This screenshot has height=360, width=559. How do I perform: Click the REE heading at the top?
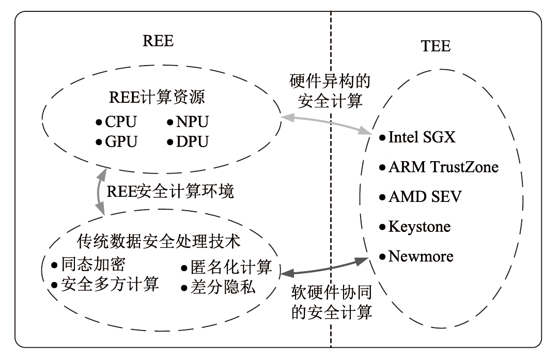coord(158,41)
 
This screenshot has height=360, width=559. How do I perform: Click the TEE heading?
coord(436,46)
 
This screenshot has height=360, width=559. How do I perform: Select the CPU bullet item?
coord(120,122)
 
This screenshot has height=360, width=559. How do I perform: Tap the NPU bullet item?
coord(192,122)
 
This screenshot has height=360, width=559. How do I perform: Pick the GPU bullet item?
coord(120,141)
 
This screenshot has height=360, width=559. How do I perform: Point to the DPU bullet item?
coord(192,141)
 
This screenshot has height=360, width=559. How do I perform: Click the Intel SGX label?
coord(422,137)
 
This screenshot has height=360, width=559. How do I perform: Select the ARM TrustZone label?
coord(443,167)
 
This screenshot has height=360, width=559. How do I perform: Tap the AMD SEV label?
coord(425,197)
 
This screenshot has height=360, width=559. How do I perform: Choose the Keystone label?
coord(419,226)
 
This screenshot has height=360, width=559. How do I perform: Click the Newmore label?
coord(421,256)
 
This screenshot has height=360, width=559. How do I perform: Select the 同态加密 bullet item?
coord(93,265)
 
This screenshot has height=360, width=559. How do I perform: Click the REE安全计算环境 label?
coord(170,192)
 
